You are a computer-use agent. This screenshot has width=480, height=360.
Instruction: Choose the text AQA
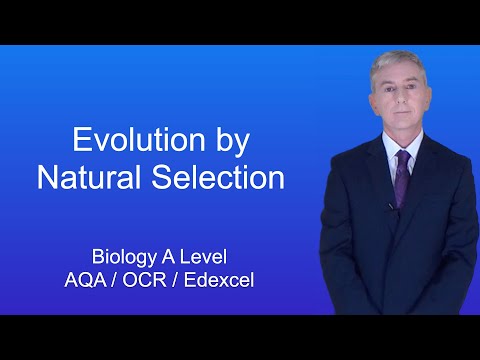[84, 280]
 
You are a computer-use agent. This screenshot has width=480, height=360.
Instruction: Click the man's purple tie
[402, 180]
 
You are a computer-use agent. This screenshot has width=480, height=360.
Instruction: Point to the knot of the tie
[402, 157]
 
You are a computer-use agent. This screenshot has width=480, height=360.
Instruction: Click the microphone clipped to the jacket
[390, 207]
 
